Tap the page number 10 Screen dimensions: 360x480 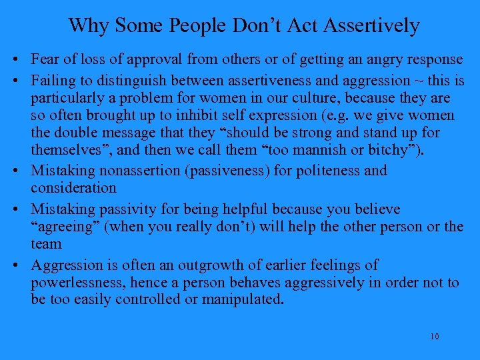(x=434, y=336)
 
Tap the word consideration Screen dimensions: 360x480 (x=73, y=189)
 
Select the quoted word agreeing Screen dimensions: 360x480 (x=64, y=226)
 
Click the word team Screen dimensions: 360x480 (x=45, y=244)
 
